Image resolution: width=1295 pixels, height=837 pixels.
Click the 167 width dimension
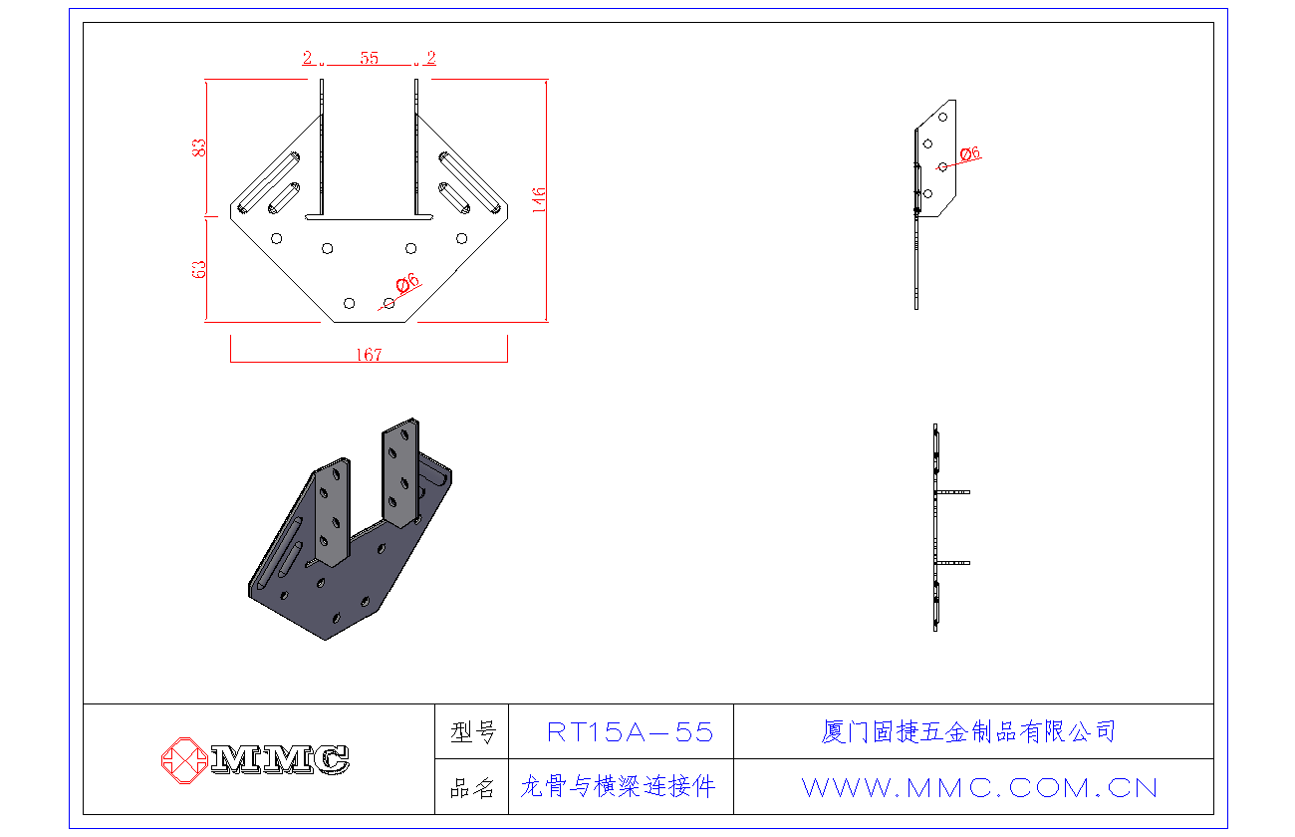coord(369,355)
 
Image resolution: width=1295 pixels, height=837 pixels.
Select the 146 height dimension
coord(539,201)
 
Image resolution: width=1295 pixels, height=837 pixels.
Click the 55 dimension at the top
coord(370,58)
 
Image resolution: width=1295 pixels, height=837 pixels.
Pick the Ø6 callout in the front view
coord(407,284)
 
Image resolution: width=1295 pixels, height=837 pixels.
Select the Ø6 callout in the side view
coord(970,153)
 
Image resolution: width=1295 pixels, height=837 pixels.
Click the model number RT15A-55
coord(631,732)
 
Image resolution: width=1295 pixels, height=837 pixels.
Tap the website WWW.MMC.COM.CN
coord(979,788)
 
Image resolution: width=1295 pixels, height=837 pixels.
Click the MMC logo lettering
coord(280,759)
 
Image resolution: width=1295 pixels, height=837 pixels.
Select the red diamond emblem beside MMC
coord(183,759)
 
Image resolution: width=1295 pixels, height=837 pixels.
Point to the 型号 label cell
coord(472,733)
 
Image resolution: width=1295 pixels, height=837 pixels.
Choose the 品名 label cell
coord(472,788)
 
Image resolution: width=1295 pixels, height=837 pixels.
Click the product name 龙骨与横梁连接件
coord(619,787)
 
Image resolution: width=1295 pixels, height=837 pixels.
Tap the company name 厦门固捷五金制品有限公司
coord(968,732)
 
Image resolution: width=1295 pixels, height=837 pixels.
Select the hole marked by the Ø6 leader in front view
coord(388,302)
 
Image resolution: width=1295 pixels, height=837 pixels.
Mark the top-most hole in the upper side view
coord(942,118)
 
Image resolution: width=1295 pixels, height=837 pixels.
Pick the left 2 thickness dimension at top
coord(309,58)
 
